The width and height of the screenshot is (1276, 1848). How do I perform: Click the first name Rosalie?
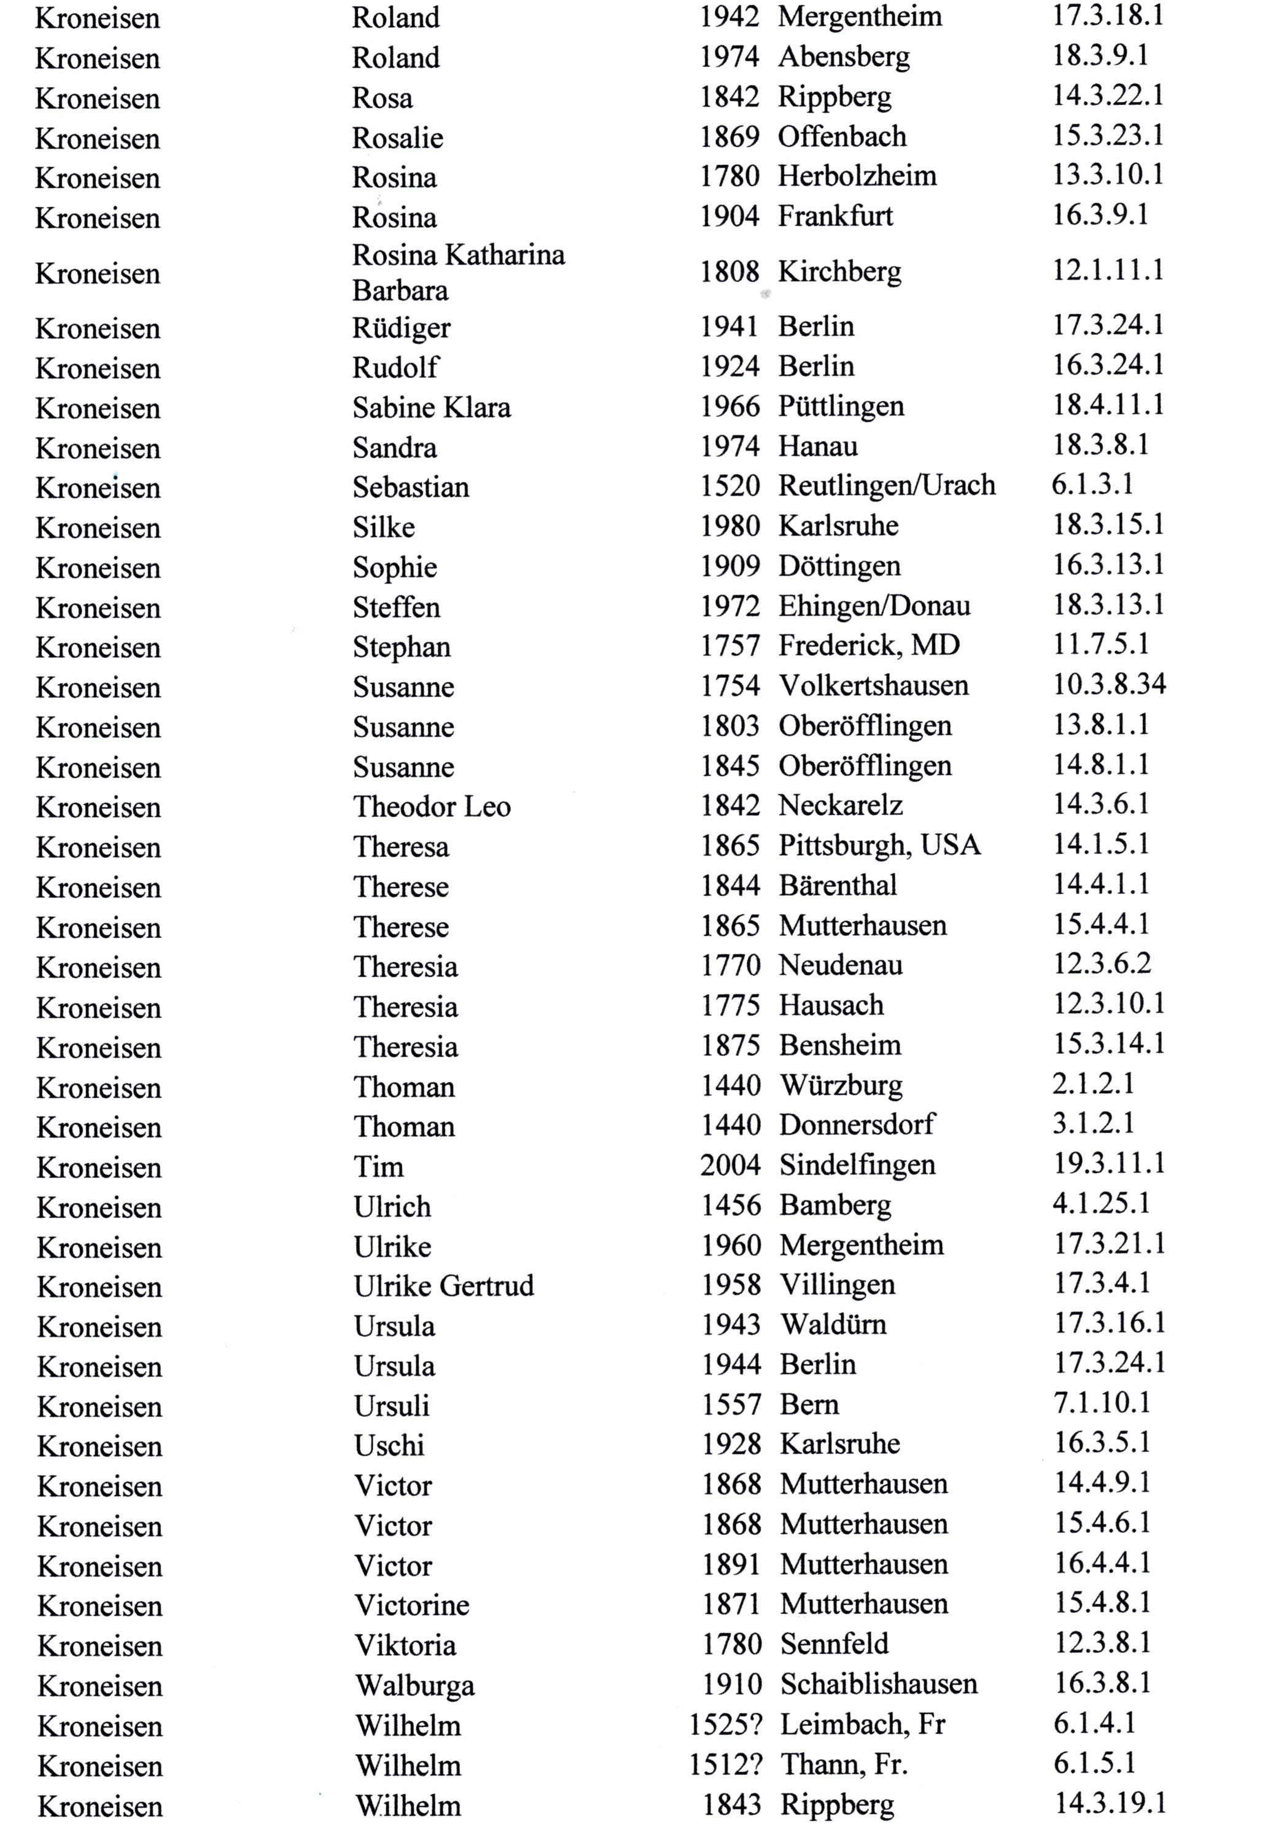tap(397, 138)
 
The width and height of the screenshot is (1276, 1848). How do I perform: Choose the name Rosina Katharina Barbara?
tap(458, 272)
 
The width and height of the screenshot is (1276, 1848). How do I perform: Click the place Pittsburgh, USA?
tap(879, 845)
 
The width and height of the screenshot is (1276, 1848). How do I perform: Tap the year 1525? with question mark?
tap(725, 1724)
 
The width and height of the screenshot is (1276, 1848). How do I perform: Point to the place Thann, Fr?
tap(844, 1764)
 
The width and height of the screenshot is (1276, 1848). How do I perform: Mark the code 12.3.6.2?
tap(1102, 964)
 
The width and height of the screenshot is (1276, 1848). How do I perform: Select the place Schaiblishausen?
tap(878, 1684)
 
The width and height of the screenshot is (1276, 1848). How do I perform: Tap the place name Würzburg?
tap(841, 1085)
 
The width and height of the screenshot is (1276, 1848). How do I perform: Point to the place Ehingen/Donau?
tap(874, 606)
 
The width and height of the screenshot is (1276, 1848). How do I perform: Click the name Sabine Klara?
tap(431, 407)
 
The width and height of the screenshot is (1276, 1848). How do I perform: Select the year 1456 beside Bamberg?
tap(730, 1204)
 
